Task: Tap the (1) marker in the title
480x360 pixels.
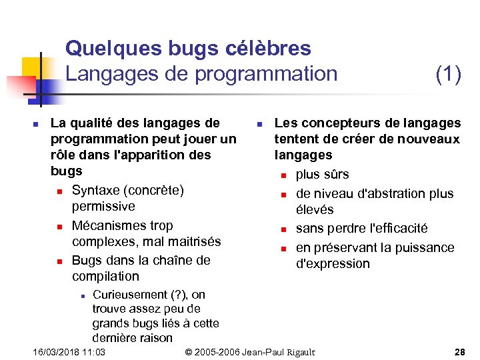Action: coord(448,74)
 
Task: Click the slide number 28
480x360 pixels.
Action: coord(459,351)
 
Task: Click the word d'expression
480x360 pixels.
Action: coord(333,263)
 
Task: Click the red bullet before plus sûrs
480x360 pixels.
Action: coord(283,176)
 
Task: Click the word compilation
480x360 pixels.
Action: coord(105,276)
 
